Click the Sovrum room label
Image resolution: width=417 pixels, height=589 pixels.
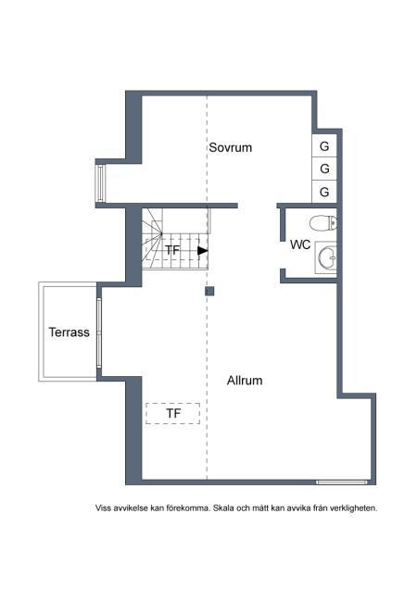pos(230,147)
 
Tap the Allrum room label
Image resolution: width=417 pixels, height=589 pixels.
pos(245,381)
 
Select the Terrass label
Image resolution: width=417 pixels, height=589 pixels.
pos(69,332)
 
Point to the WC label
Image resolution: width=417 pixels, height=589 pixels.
pos(300,244)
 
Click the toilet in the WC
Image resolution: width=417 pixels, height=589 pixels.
pos(323,223)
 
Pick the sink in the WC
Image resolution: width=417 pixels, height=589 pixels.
pos(325,257)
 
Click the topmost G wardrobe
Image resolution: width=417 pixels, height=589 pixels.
pos(324,145)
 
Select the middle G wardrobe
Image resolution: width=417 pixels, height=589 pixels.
pos(324,169)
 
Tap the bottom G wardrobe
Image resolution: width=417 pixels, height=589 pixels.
pos(324,192)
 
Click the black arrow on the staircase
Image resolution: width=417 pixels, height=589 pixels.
pos(203,251)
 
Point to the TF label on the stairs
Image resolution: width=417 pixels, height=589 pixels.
pos(172,250)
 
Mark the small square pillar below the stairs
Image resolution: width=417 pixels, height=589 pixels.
pos(209,291)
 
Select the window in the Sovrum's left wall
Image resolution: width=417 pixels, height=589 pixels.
pos(100,183)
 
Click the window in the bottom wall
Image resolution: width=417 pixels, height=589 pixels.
pos(341,482)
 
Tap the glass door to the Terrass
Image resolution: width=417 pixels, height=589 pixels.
pos(99,332)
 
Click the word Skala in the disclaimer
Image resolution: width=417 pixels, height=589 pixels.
pos(223,508)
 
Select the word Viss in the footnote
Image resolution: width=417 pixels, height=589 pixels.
pos(103,508)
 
